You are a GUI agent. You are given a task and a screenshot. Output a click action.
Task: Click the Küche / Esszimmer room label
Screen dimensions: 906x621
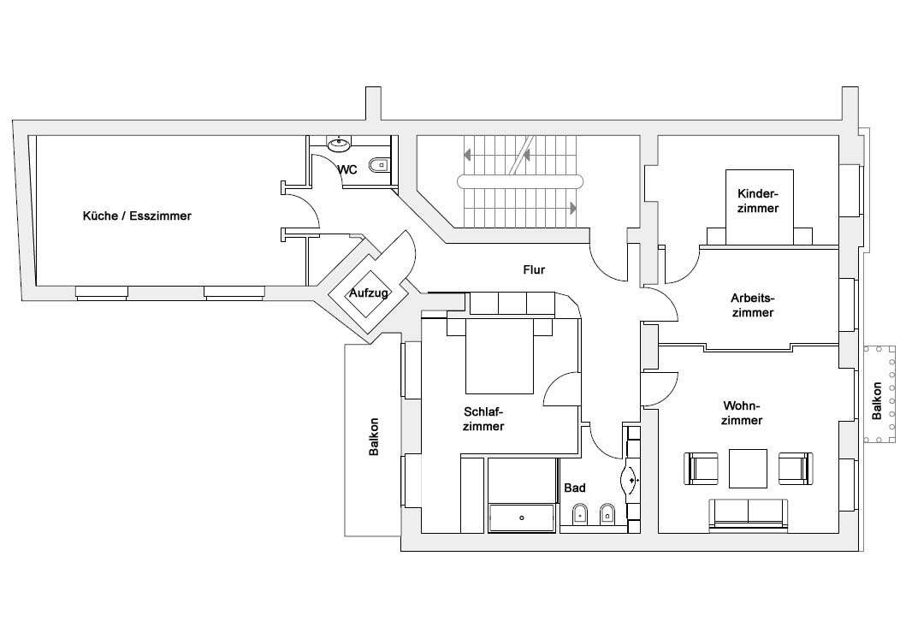point(137,216)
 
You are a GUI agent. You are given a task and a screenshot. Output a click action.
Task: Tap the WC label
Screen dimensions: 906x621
point(347,170)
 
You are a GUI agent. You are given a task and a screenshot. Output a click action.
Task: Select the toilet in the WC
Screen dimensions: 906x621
point(380,165)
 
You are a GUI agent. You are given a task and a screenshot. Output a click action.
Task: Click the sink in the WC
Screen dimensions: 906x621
point(339,143)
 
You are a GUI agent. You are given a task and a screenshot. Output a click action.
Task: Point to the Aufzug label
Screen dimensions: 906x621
point(368,293)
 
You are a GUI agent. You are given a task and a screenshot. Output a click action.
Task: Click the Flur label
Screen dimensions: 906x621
point(534,269)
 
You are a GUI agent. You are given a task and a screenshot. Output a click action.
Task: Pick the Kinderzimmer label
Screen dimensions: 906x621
point(758,201)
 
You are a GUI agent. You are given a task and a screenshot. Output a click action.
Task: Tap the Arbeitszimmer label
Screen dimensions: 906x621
point(753,305)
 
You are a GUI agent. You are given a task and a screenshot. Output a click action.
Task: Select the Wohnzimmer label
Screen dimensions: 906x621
point(742,413)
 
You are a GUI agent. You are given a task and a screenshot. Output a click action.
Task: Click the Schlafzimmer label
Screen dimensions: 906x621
point(483,419)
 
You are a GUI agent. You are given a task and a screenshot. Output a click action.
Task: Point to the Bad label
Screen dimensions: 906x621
point(574,488)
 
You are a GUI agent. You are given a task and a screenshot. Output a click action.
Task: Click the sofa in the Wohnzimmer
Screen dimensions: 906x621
point(749,513)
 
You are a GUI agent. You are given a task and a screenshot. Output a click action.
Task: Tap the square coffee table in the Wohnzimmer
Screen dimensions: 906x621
point(749,469)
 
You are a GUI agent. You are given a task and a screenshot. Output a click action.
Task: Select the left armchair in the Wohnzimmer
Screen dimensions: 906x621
point(702,469)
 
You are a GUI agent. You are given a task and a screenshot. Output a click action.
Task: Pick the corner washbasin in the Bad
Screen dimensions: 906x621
point(630,479)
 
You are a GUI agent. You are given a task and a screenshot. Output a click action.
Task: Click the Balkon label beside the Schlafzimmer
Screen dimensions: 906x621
point(374,437)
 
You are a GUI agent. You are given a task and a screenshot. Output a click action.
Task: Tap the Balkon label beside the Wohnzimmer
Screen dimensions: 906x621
point(877,401)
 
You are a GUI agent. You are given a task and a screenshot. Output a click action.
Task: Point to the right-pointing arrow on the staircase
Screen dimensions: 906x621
point(573,208)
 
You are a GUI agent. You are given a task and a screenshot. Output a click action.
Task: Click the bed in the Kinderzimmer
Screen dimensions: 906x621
point(760,207)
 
